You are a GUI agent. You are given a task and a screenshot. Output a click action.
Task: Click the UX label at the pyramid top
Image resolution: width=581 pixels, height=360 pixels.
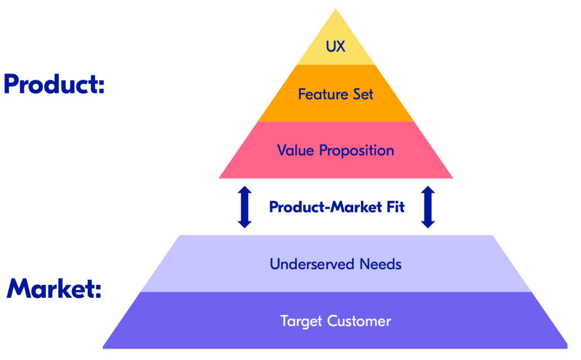click(335, 46)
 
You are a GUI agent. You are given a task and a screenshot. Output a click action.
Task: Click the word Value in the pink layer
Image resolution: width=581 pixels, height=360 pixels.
click(295, 150)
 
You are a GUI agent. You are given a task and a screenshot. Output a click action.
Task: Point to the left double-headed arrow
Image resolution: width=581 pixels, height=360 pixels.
click(245, 207)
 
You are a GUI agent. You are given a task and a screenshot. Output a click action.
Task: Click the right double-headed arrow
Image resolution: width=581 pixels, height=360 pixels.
click(428, 207)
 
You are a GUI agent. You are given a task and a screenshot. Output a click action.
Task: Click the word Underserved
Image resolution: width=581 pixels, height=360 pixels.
click(311, 264)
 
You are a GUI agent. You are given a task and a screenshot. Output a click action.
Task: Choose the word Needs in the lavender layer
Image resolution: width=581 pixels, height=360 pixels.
click(380, 264)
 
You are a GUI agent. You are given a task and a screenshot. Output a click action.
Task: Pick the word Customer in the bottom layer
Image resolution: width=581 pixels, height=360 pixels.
click(359, 321)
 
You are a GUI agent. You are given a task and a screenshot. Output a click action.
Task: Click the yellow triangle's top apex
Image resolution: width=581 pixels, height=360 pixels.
click(336, 10)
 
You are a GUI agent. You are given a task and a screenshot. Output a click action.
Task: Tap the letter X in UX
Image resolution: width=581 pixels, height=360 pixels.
click(340, 46)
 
